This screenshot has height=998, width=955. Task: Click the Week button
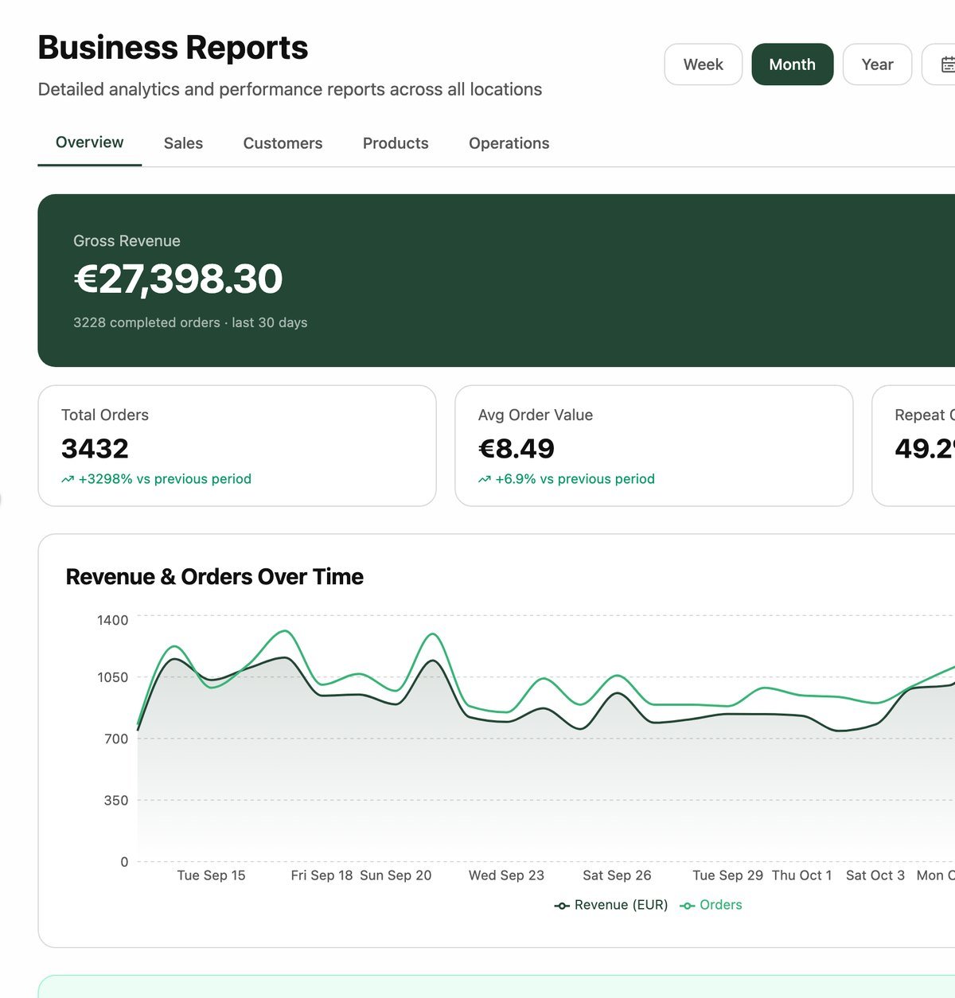703,64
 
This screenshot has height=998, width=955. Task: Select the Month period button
792,64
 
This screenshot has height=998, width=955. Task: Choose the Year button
877,64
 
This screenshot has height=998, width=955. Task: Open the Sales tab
183,143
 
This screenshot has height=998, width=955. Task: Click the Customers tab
283,143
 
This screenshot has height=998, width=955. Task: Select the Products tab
396,143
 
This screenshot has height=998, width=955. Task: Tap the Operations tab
509,143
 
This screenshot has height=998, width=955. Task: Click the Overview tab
89,142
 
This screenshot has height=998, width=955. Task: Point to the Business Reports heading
173,48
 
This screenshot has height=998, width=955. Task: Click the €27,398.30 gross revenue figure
178,279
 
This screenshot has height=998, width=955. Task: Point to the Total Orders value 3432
95,449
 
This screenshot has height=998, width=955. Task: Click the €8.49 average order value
516,449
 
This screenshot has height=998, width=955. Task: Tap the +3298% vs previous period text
165,479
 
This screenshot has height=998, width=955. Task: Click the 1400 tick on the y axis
112,620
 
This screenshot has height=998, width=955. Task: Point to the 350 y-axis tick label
116,801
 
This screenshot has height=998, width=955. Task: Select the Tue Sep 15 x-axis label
212,875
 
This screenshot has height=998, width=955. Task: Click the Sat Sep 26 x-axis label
617,875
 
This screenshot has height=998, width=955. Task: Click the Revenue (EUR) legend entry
611,905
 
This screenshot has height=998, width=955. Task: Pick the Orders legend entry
711,905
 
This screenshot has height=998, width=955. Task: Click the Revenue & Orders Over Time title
214,577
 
